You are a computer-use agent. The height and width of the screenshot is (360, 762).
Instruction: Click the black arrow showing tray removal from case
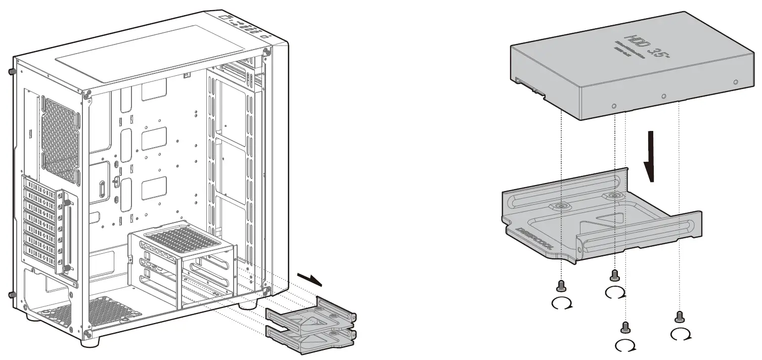point(309,279)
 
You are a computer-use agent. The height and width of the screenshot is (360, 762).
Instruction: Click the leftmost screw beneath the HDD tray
point(560,286)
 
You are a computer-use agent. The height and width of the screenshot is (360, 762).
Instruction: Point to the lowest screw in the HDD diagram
point(625,327)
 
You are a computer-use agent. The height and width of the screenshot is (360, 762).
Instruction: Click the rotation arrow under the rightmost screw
point(681,334)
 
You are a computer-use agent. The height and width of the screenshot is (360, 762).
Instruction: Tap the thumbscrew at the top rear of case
point(10,71)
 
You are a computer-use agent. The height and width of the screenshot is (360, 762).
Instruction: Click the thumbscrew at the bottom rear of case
point(11,295)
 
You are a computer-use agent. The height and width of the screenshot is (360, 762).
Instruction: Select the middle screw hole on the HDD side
point(664,96)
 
